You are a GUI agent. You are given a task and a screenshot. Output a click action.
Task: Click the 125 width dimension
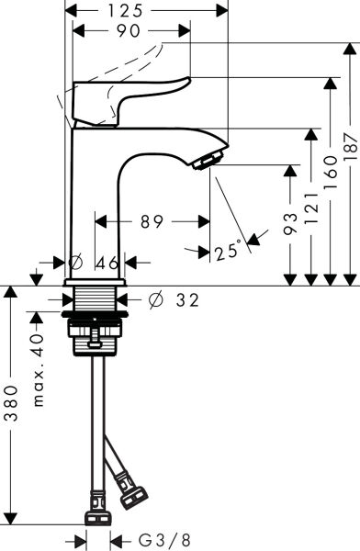pyautogui.click(x=147, y=10)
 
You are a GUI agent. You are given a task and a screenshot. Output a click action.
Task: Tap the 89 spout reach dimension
pyautogui.click(x=152, y=221)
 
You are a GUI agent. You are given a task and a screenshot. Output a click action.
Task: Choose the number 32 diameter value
pyautogui.click(x=186, y=298)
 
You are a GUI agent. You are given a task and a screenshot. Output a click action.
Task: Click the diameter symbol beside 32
pyautogui.click(x=155, y=298)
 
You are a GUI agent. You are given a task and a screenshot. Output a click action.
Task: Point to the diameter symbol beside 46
pyautogui.click(x=75, y=263)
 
